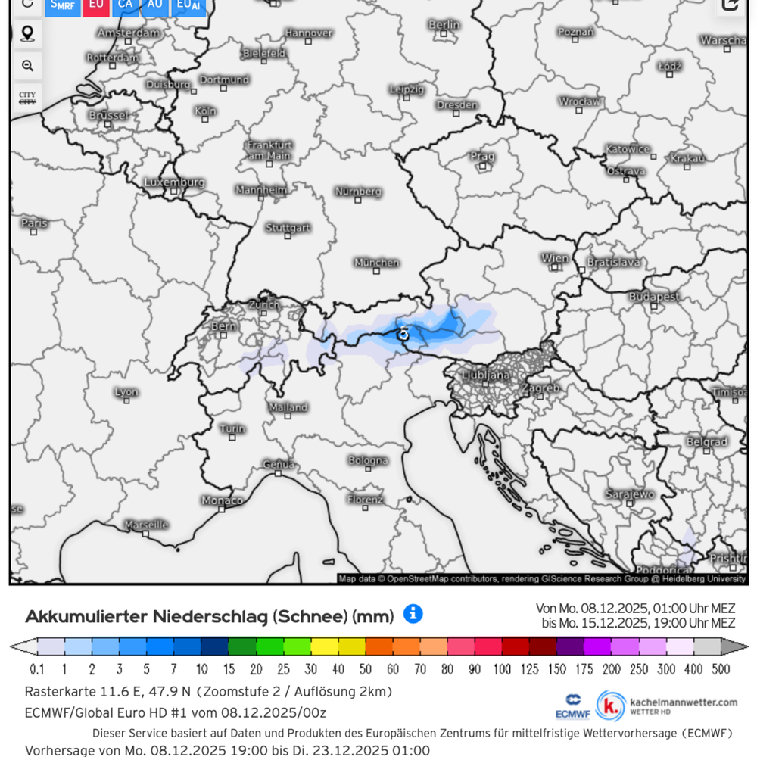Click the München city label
tap(377, 263)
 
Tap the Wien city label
tap(555, 258)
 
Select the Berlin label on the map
tap(444, 25)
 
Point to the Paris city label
tap(34, 223)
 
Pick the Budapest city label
tap(654, 297)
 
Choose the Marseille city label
tap(146, 524)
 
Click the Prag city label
tap(482, 157)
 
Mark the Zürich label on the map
tap(263, 304)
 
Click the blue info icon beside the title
tap(413, 614)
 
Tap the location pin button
tap(28, 33)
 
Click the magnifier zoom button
tap(28, 66)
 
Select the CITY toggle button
tap(27, 98)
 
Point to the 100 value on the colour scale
tap(502, 669)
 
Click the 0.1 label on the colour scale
tap(36, 669)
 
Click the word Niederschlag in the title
tap(210, 616)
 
